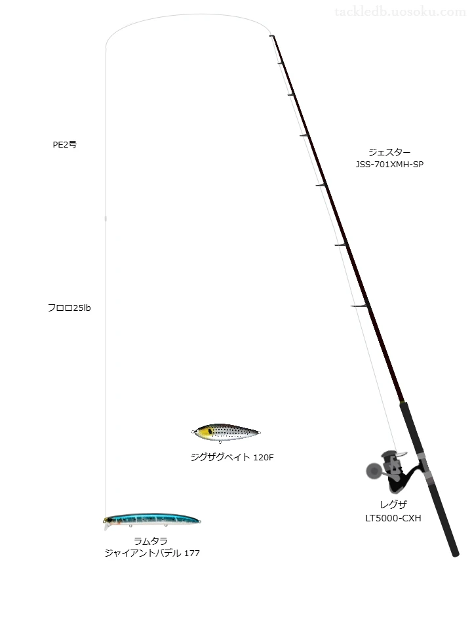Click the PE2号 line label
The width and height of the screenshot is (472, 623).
point(65,145)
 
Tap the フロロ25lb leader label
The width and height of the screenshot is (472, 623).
point(69,308)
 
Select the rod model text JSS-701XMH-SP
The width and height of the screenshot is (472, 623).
point(389,164)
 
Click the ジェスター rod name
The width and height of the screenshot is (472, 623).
point(389,152)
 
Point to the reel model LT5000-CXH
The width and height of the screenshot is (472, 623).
point(393,518)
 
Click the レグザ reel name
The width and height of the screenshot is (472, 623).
point(393,504)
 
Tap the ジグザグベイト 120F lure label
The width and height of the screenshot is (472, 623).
point(232,457)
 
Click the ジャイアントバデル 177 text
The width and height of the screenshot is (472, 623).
point(152,553)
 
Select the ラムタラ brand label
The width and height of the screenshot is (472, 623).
point(151,541)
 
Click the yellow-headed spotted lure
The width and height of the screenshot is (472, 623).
point(226,432)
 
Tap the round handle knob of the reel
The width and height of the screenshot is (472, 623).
point(372,472)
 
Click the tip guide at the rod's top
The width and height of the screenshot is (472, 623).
point(272,36)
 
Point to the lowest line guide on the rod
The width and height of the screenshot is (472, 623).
point(359,306)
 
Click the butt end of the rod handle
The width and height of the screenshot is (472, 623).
point(456,554)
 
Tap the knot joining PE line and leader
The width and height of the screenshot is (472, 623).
point(106,218)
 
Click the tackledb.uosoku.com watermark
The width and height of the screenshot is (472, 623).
point(400,12)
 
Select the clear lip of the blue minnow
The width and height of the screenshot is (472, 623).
point(106,527)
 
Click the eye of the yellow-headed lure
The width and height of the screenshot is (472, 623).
point(210,431)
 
